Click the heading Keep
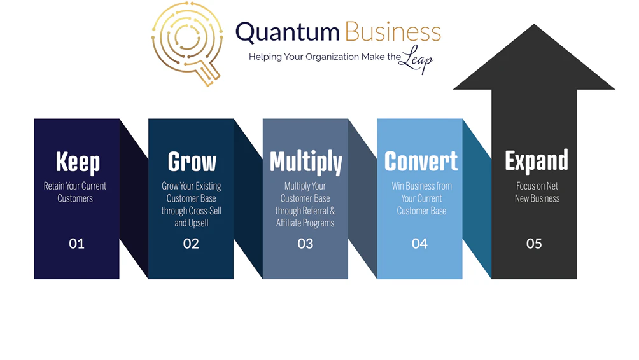(x=78, y=162)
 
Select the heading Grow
(x=192, y=162)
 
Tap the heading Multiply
(x=305, y=162)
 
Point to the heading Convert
(x=421, y=161)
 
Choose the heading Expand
(x=536, y=161)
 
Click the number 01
(x=76, y=243)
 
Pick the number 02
(x=191, y=243)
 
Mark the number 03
(x=305, y=243)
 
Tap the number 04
(x=419, y=243)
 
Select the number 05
(x=534, y=243)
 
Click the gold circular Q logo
(x=187, y=40)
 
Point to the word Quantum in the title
(x=288, y=32)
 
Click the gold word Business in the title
(x=393, y=32)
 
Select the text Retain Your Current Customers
(x=75, y=192)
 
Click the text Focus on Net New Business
(x=537, y=192)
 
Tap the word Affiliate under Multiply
(x=291, y=223)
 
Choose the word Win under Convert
(x=398, y=186)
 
